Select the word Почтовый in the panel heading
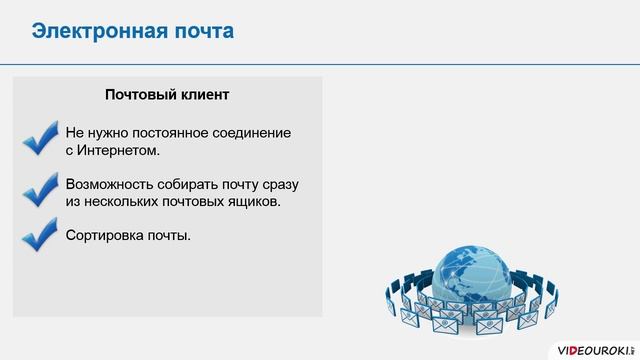click(140, 96)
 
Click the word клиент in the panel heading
click(205, 96)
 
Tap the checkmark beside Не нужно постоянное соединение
click(39, 139)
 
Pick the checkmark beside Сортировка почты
click(39, 237)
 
